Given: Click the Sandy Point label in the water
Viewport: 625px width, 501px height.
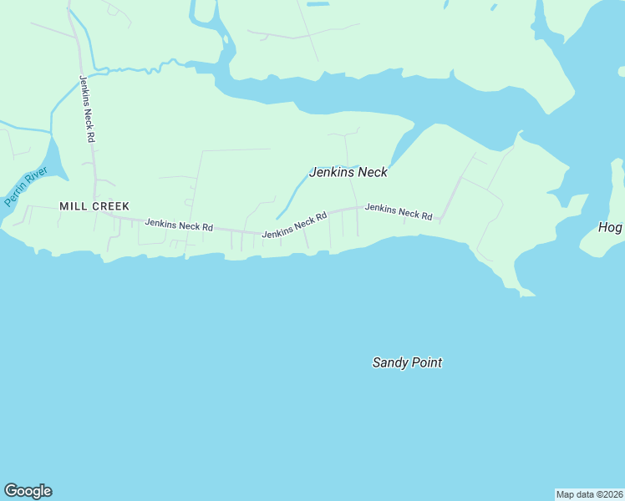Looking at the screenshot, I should (407, 362).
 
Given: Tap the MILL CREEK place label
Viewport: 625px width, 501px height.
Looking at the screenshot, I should (94, 205).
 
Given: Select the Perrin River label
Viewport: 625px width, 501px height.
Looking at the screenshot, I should (26, 188).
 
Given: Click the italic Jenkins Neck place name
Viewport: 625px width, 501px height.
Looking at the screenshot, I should (348, 173).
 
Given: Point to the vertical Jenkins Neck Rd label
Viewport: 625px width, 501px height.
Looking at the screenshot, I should (86, 109).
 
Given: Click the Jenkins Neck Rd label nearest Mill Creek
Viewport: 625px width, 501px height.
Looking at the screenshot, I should (179, 225).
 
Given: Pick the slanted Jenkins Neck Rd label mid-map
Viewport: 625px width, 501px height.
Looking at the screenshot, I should (293, 226).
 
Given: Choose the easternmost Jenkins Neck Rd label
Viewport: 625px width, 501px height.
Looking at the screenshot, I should (399, 212).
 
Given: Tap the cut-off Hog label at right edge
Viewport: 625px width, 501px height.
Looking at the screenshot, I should (612, 227).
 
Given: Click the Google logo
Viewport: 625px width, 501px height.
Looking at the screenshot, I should (28, 491).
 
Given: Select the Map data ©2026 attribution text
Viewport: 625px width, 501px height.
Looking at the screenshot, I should (589, 494).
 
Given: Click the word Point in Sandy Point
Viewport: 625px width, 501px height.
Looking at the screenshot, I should (426, 362).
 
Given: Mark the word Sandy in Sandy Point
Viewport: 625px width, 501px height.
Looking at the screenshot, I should (389, 362).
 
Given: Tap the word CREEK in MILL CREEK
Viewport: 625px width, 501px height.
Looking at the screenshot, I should (110, 205).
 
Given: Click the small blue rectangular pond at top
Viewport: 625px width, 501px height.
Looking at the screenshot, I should (318, 4).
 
